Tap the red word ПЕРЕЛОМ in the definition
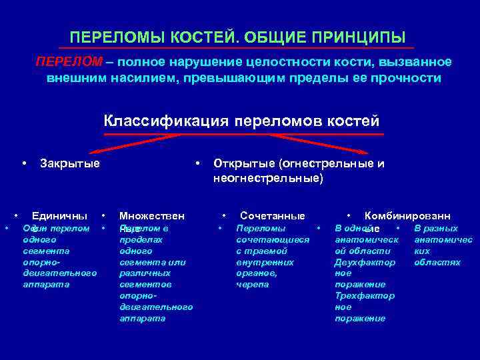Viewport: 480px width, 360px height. pos(69,62)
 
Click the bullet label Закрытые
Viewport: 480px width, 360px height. pos(70,163)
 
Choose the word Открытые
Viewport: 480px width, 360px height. pos(244,163)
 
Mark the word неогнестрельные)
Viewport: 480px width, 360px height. pos(268,178)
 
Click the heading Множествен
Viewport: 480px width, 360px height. pos(151,215)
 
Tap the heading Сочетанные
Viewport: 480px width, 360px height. pos(272,215)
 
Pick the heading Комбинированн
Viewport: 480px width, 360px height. pos(407,215)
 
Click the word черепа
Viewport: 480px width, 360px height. pos(253,284)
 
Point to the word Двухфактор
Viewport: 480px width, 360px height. pos(365,262)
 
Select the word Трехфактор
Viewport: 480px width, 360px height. pos(365,295)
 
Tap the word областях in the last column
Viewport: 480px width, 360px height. pos(437,262)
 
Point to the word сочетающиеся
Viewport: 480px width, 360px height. pos(273,239)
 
